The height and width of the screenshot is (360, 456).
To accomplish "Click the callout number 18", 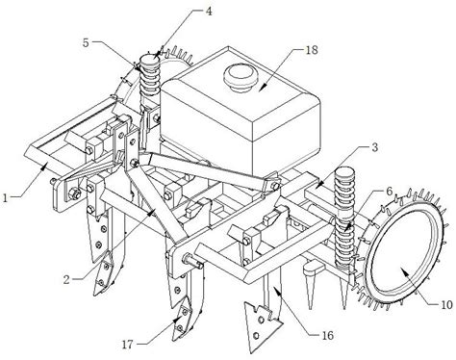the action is pos(312,50).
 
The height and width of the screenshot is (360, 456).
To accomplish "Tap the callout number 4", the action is pos(209,12).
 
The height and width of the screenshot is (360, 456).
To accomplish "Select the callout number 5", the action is pos(86,42).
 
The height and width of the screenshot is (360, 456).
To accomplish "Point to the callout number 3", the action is pos(374,147).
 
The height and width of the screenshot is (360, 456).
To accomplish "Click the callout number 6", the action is pos(389,192).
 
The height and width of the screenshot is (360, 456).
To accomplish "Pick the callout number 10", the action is pos(446,304).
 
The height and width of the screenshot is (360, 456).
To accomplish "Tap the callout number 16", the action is pos(328,335).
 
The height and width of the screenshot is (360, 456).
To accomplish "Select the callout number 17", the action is pos(127,345).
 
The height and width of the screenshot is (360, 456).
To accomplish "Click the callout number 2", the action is pos(66,280).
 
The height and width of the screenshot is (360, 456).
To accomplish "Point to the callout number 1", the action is pos(5,197).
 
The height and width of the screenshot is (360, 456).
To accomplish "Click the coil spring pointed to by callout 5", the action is pos(150,76).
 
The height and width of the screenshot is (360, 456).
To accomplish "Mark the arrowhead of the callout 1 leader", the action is pos(45,165).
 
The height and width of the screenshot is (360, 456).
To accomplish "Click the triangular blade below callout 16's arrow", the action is pos(262,324).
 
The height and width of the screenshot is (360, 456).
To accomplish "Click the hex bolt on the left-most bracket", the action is pos(76,193).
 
